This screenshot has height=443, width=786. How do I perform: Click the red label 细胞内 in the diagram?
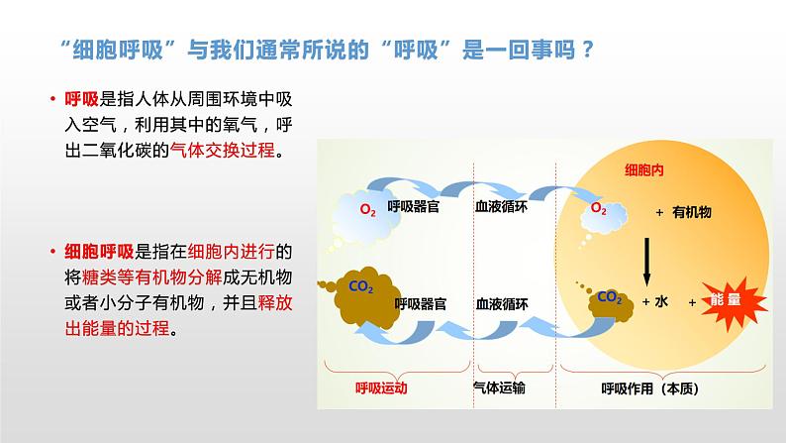[x=643, y=170]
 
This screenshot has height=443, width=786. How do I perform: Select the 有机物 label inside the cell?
[x=692, y=212]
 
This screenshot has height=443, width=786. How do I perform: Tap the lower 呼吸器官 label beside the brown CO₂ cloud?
[x=421, y=303]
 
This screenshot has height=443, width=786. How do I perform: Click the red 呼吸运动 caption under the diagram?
[x=381, y=388]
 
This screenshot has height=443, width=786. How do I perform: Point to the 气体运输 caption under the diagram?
[x=500, y=388]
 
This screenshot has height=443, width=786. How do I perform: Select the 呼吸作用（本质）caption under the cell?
[x=649, y=388]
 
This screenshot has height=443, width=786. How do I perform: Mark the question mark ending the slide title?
[x=587, y=50]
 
